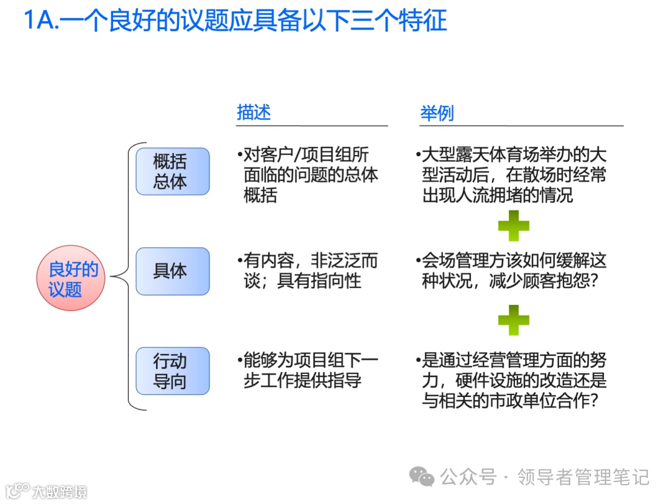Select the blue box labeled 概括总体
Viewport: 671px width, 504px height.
172,171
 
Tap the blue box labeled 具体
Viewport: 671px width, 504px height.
172,271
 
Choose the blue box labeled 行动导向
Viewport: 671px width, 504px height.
172,371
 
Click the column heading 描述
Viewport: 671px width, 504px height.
253,113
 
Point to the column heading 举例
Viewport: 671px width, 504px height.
437,113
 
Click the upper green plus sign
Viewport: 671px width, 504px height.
513,226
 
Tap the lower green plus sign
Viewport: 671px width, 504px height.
513,320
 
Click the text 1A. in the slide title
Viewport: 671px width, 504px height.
42,21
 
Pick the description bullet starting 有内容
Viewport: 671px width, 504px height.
308,271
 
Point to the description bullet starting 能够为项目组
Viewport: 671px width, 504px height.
308,370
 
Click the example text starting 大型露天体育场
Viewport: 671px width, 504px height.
513,175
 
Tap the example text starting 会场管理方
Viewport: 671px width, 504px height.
513,271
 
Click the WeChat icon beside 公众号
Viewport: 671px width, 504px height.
422,477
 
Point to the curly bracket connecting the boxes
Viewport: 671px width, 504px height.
129,276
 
